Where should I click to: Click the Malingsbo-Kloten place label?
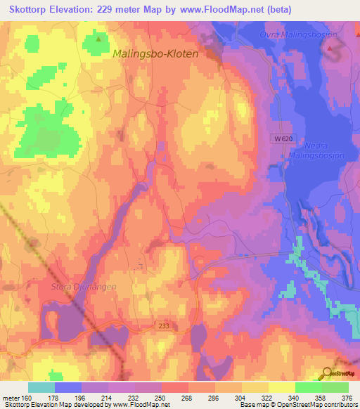(155, 53)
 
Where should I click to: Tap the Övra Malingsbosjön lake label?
(309, 34)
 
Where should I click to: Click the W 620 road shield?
(282, 139)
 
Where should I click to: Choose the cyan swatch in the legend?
(41, 387)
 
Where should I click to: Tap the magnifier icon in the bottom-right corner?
(326, 374)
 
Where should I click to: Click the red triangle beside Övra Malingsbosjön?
(330, 48)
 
